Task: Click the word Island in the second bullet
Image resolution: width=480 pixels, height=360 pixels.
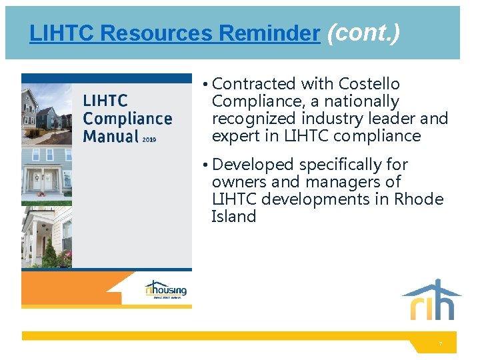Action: coord(233,216)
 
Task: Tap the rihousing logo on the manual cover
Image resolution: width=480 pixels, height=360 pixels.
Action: coord(165,290)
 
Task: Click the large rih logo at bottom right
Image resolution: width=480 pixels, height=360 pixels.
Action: coord(431,301)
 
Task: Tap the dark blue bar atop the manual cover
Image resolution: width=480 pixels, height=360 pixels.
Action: coord(107,78)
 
